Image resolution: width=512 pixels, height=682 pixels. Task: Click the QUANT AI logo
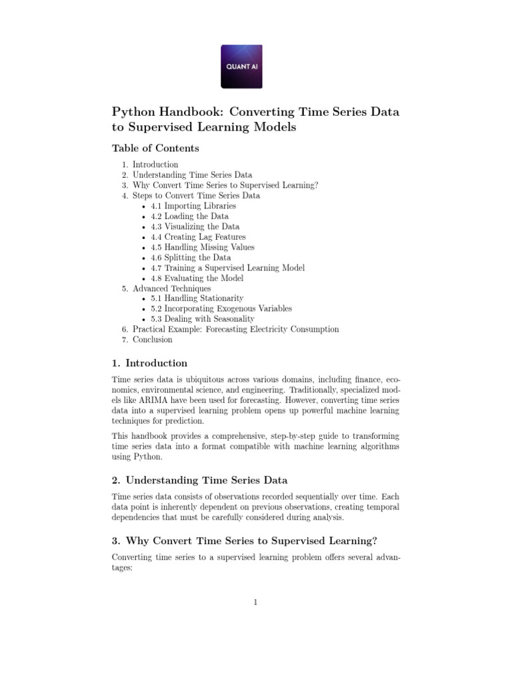[x=241, y=67]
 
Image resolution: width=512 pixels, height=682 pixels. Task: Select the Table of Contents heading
[x=155, y=148]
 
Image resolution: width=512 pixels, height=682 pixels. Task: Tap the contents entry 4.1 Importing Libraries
[x=193, y=206]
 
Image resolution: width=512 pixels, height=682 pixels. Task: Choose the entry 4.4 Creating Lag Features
[x=197, y=237]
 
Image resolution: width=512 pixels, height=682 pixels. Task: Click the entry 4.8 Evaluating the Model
[x=197, y=278]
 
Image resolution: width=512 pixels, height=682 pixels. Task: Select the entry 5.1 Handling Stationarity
[x=197, y=298]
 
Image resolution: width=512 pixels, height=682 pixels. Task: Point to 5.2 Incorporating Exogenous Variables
[x=221, y=309]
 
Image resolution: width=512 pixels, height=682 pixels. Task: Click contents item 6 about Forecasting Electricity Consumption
[x=235, y=329]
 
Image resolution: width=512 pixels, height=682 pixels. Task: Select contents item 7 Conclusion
[x=152, y=340]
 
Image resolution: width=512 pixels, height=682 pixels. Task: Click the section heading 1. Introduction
[x=149, y=364]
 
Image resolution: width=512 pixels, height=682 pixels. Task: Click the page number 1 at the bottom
[x=255, y=603]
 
